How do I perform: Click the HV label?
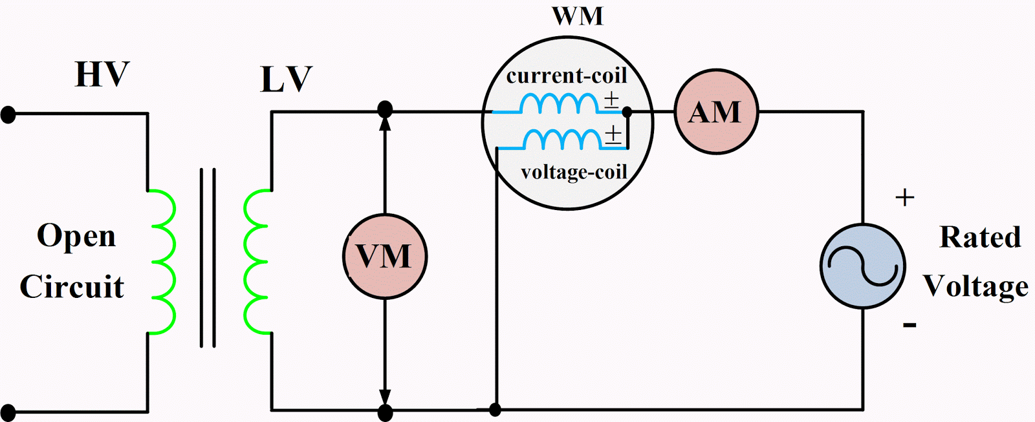point(102,75)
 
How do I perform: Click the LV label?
point(286,80)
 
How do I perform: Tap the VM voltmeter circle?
point(384,257)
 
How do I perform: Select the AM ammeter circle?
point(715,112)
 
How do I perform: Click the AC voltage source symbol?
point(862,266)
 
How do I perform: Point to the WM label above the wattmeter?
point(577,16)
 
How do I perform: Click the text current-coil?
point(567,76)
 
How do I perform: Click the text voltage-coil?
point(574,172)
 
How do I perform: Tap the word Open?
point(76,237)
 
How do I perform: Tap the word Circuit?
point(72,286)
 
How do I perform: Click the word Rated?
point(980,237)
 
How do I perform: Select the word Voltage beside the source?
point(975,286)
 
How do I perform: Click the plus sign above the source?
point(904,197)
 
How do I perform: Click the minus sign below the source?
point(910,324)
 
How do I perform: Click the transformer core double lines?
point(208,258)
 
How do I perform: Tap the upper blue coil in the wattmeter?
point(560,103)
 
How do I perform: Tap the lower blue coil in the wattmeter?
point(563,138)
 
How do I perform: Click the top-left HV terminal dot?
point(8,115)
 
